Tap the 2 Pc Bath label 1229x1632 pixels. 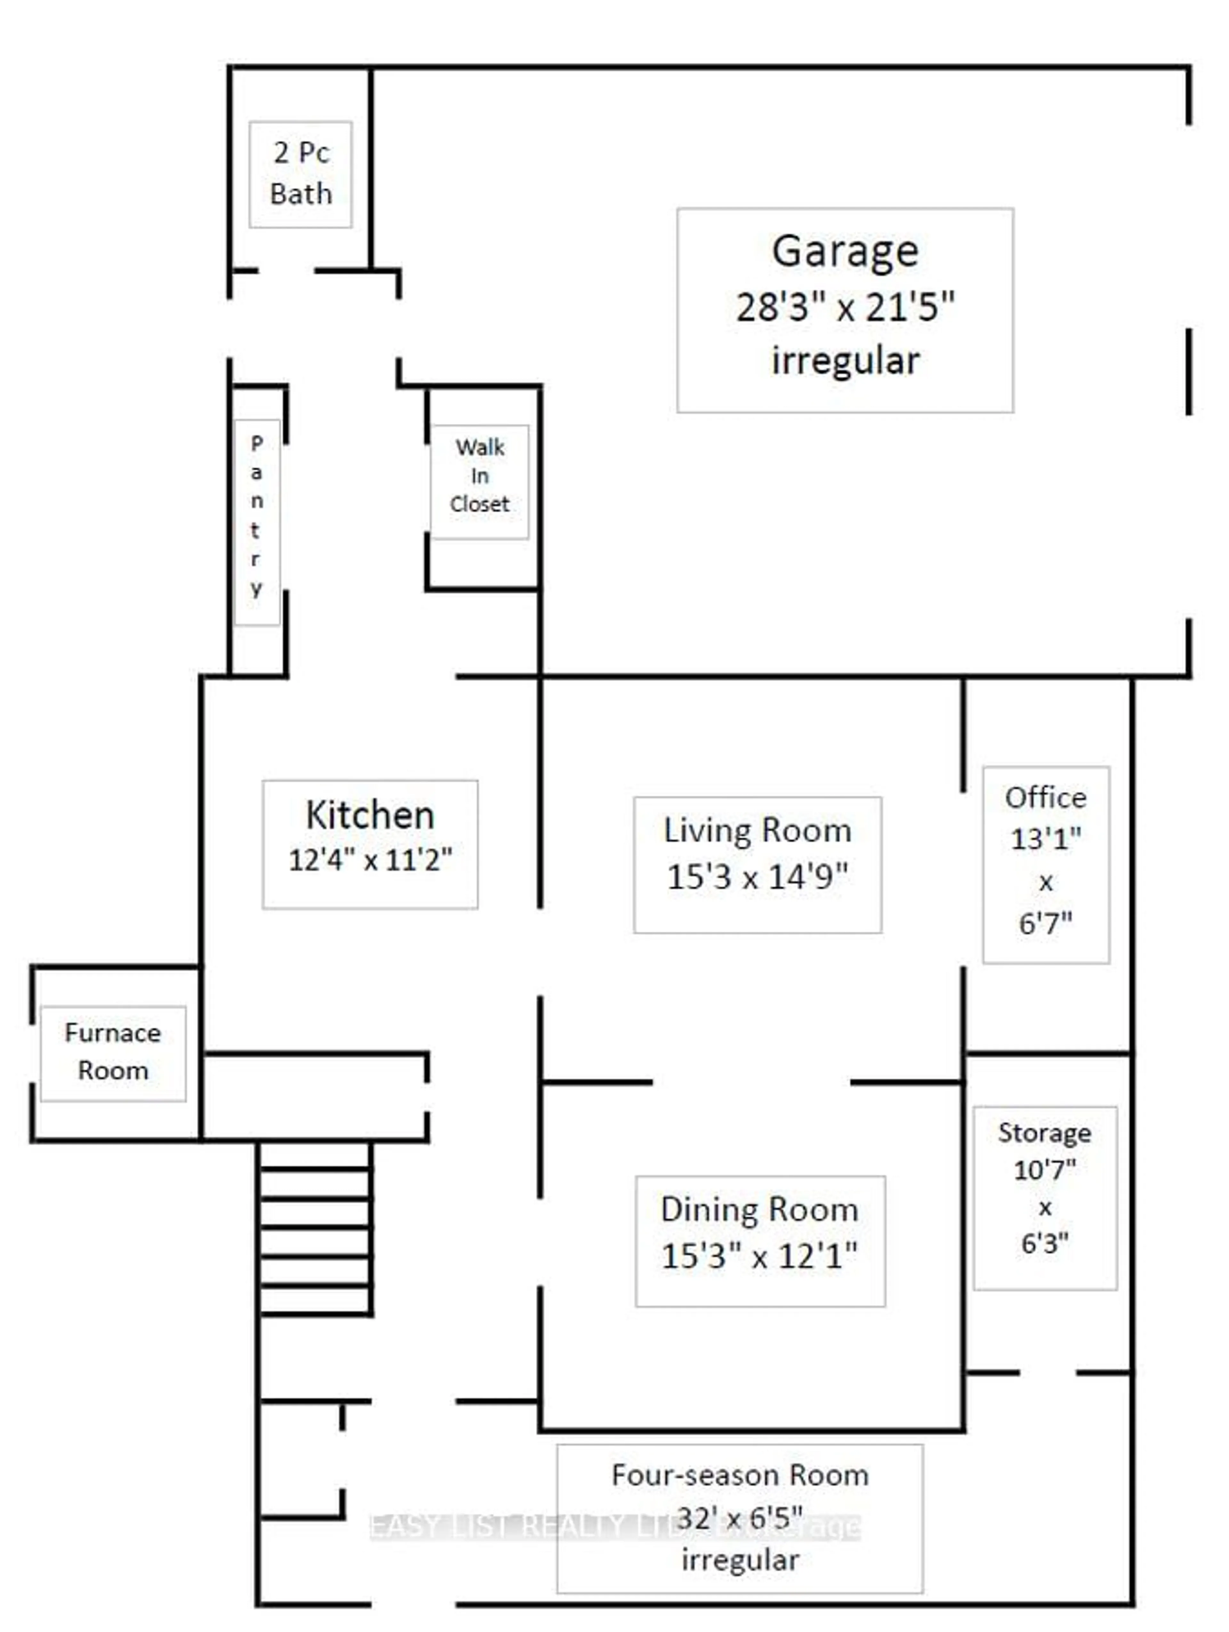(x=301, y=173)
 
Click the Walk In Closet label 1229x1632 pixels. (x=479, y=476)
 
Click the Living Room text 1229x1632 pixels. (x=758, y=831)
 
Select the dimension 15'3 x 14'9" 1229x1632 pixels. (x=758, y=876)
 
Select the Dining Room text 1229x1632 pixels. (x=760, y=1210)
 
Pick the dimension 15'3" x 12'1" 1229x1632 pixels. (x=760, y=1256)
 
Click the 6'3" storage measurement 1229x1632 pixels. (x=1045, y=1244)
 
